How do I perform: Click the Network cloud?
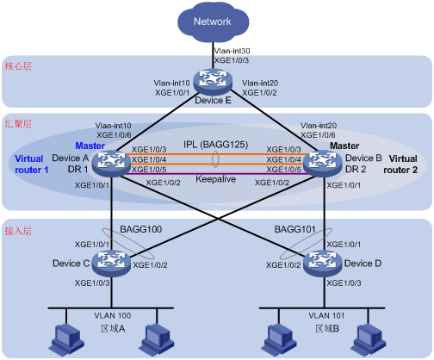point(213,22)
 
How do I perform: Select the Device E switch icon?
point(213,82)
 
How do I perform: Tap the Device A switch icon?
point(111,164)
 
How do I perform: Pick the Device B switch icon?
point(323,164)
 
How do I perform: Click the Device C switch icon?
point(111,264)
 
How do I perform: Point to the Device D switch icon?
point(323,264)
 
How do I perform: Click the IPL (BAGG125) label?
point(215,145)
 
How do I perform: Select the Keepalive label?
point(215,179)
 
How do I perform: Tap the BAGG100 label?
point(141,229)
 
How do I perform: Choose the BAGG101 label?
point(294,229)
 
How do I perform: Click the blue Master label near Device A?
point(90,146)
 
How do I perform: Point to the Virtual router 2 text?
point(400,164)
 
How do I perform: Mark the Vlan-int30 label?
point(232,51)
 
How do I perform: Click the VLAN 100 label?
point(113,315)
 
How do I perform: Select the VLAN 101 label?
point(326,315)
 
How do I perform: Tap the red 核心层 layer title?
point(18,66)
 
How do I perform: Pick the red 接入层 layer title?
point(18,231)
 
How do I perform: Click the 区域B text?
point(327,328)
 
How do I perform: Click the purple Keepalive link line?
point(217,174)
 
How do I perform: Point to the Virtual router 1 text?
point(32,164)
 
